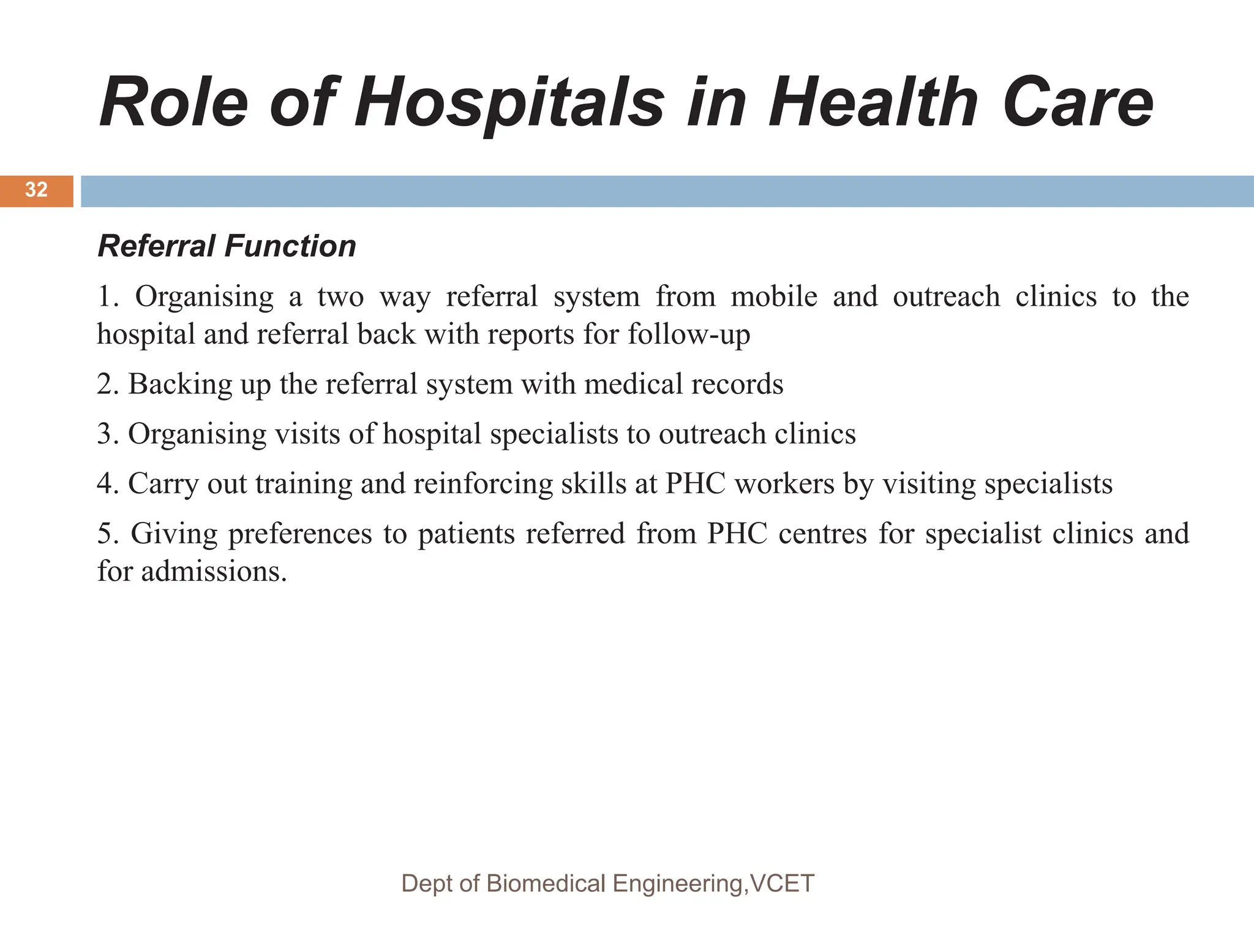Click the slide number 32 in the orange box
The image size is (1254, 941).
(36, 190)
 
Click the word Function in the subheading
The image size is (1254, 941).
(290, 246)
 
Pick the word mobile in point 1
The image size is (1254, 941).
(774, 297)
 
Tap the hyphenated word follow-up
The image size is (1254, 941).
(688, 335)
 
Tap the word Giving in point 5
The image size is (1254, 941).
(174, 534)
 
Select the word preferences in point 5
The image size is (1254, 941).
(300, 534)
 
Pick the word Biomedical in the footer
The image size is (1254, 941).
(546, 884)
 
